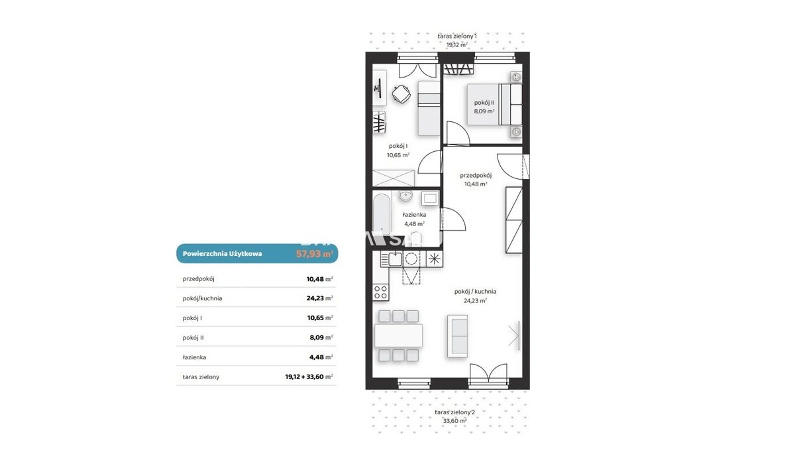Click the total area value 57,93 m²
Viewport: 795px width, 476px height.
coord(315,254)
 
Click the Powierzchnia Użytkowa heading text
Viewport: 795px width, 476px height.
coord(222,254)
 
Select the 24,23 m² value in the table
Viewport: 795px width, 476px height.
coord(320,298)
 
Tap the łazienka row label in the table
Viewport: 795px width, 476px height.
coord(194,357)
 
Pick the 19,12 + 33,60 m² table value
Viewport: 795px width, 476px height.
coord(309,377)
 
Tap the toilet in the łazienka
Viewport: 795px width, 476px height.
coord(416,239)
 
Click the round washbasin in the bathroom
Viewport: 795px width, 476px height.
coord(405,196)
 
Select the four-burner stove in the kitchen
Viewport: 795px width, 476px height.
coord(380,293)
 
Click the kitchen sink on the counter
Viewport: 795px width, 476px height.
coord(395,259)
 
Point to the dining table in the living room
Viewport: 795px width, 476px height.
coord(399,335)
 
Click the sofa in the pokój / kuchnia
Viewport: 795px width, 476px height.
coord(458,336)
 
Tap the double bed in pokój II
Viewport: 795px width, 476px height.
coord(494,105)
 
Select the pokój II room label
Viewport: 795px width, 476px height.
coord(484,103)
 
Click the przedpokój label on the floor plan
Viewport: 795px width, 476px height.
coord(476,176)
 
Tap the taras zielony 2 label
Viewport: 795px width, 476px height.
coord(454,412)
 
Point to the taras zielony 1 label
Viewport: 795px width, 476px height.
coord(456,36)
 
